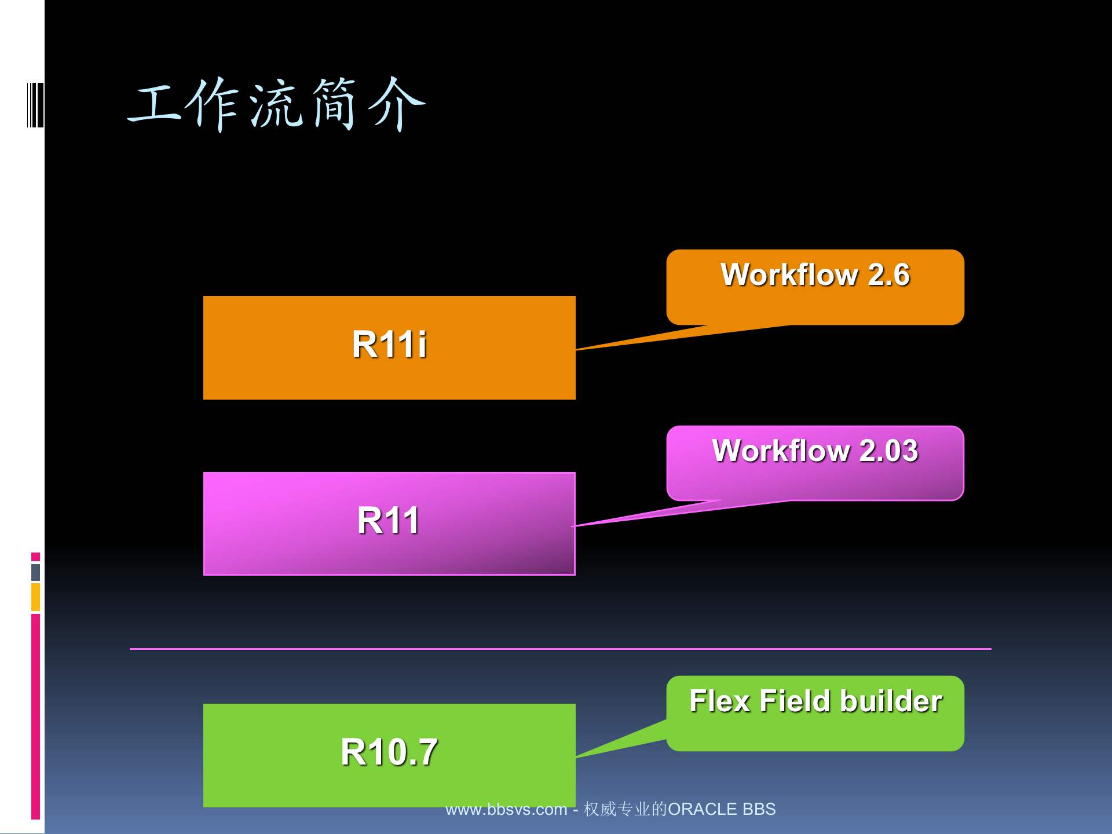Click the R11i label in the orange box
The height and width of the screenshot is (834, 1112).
coord(389,345)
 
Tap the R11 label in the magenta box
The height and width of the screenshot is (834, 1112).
coord(388,521)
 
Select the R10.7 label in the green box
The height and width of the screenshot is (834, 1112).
coord(389,752)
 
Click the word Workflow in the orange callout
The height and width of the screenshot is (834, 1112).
coord(789,275)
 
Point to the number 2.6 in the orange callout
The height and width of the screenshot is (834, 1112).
coord(888,275)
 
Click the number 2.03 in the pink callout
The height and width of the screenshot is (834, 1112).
coord(888,451)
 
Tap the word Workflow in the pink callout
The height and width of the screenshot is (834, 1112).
coord(781,451)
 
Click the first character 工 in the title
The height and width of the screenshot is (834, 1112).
coord(154,104)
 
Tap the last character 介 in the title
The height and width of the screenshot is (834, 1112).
coord(397,104)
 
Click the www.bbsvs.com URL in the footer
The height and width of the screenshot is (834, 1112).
coord(506,809)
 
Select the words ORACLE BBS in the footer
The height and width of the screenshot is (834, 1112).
coord(722,809)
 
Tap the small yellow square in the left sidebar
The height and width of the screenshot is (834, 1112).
coord(35,597)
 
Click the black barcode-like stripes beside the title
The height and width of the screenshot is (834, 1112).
coord(35,105)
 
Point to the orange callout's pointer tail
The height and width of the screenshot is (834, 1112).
coord(666,336)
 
